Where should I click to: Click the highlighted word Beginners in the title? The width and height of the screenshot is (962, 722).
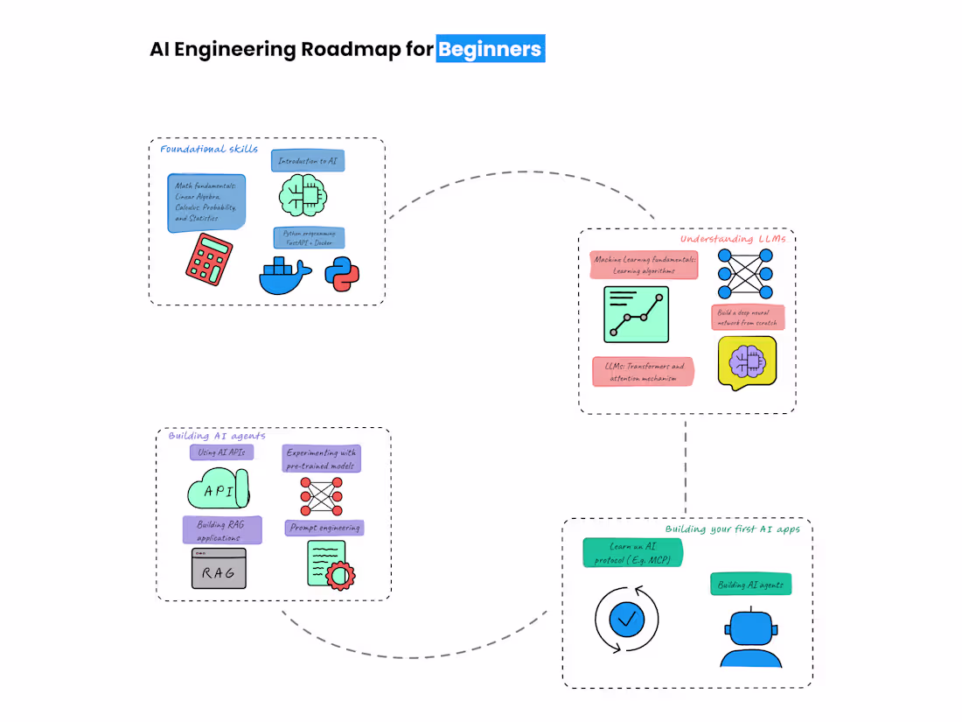coord(491,49)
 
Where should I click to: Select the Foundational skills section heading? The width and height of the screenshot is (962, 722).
coord(209,149)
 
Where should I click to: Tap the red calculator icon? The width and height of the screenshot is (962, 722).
coord(209,259)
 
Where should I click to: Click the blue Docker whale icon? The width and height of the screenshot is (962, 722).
coord(285,275)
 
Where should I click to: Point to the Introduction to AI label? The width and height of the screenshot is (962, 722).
coord(307,161)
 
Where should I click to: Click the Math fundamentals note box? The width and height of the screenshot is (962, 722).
coord(206,202)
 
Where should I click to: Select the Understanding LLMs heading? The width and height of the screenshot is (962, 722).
coord(733,239)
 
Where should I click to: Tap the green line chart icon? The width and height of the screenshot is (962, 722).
coord(636,314)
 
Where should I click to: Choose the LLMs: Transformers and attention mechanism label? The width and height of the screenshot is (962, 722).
coord(643,371)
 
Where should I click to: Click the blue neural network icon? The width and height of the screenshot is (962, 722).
coord(745,274)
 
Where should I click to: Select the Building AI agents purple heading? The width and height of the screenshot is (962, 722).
coord(217,436)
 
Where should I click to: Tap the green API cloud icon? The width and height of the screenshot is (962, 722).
coord(218,489)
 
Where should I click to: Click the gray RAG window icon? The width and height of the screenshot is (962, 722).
coord(219,569)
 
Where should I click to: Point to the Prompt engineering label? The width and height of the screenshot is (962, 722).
coord(324,528)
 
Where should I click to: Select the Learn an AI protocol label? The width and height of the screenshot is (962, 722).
coord(632,552)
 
